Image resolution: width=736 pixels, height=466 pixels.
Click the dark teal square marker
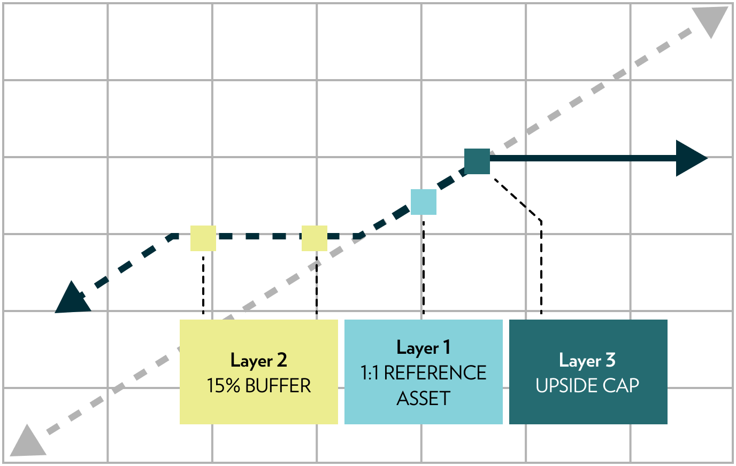[477, 161]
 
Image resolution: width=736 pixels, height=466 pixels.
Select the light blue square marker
[424, 202]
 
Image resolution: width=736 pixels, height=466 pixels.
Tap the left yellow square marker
[203, 238]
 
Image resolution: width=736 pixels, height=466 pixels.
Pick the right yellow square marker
[315, 238]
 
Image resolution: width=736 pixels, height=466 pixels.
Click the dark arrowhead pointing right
[691, 158]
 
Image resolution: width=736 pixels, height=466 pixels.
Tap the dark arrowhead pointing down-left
[73, 299]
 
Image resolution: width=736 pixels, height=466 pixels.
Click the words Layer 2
[259, 360]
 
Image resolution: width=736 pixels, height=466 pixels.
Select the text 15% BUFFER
[259, 386]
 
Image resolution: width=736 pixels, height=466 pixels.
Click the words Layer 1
[424, 348]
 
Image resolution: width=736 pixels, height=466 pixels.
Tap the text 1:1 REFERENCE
[424, 373]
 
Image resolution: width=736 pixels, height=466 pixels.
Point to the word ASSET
[424, 399]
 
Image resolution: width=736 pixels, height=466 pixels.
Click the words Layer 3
[587, 360]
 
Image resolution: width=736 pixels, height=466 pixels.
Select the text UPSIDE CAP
[587, 386]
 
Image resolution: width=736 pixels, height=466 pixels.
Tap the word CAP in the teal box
[620, 386]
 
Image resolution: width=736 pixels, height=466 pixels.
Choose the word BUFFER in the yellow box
[278, 386]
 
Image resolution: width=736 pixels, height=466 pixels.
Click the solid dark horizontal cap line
[583, 158]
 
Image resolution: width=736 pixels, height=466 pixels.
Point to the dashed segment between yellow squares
[259, 236]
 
